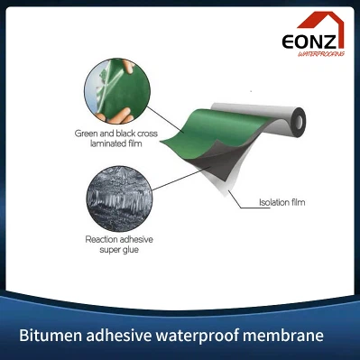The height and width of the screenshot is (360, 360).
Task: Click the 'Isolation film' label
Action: [282, 202]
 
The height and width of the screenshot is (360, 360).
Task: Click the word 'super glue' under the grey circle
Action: [115, 250]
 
